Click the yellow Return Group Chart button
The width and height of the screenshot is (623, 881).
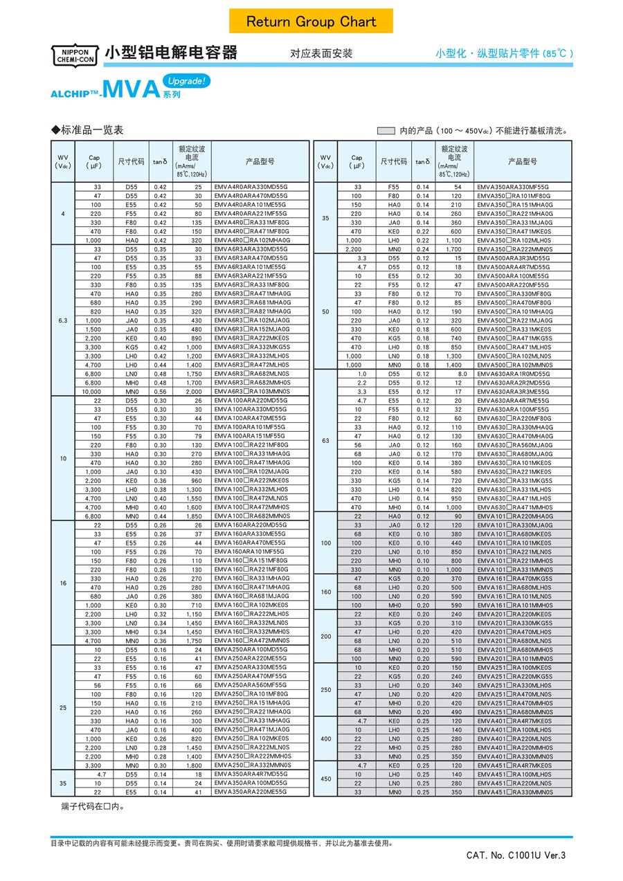coord(311,21)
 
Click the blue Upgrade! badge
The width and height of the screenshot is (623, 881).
coord(186,81)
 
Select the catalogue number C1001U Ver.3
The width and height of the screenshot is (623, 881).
coord(516,855)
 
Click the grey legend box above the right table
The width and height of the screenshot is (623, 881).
coord(386,130)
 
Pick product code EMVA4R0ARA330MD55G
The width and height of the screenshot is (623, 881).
coord(250,187)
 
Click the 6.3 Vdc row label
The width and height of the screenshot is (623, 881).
coord(63,320)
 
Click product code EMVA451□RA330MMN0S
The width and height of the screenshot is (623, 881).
coord(514,792)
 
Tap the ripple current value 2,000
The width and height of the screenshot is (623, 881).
coord(195,391)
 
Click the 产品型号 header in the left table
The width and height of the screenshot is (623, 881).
coord(260,161)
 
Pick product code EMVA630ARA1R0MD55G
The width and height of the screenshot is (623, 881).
coord(513,374)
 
